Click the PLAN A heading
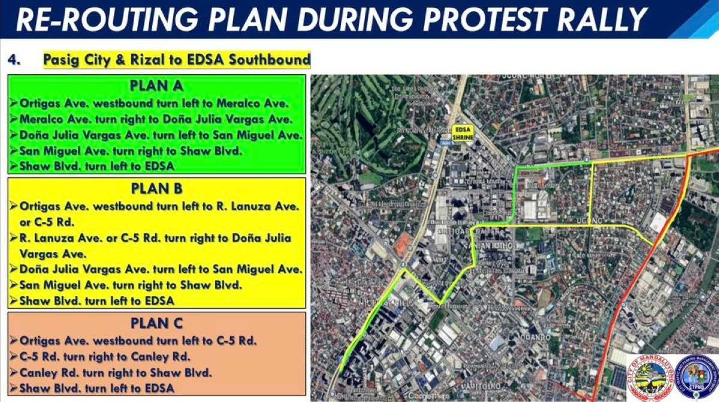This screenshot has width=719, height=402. point(156,85)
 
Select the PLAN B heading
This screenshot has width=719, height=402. point(156,188)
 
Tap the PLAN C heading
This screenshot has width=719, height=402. point(156,323)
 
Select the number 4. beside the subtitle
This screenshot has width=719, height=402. point(15,60)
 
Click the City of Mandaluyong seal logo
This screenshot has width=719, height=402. point(650,377)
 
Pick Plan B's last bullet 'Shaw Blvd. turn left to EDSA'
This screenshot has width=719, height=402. point(96,300)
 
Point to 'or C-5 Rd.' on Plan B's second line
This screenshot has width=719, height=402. point(46,222)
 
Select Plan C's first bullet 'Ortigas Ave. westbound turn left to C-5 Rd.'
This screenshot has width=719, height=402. point(138,341)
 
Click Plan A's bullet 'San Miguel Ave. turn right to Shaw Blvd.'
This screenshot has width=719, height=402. point(131,150)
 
